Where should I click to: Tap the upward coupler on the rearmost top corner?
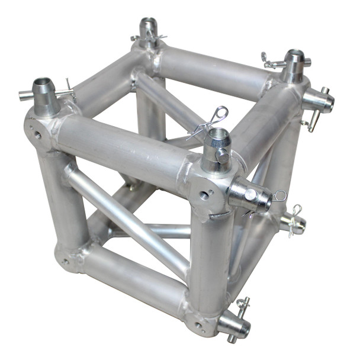click(x=148, y=32)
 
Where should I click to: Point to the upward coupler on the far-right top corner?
click(x=294, y=66)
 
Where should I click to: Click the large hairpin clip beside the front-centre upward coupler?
click(x=213, y=118)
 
